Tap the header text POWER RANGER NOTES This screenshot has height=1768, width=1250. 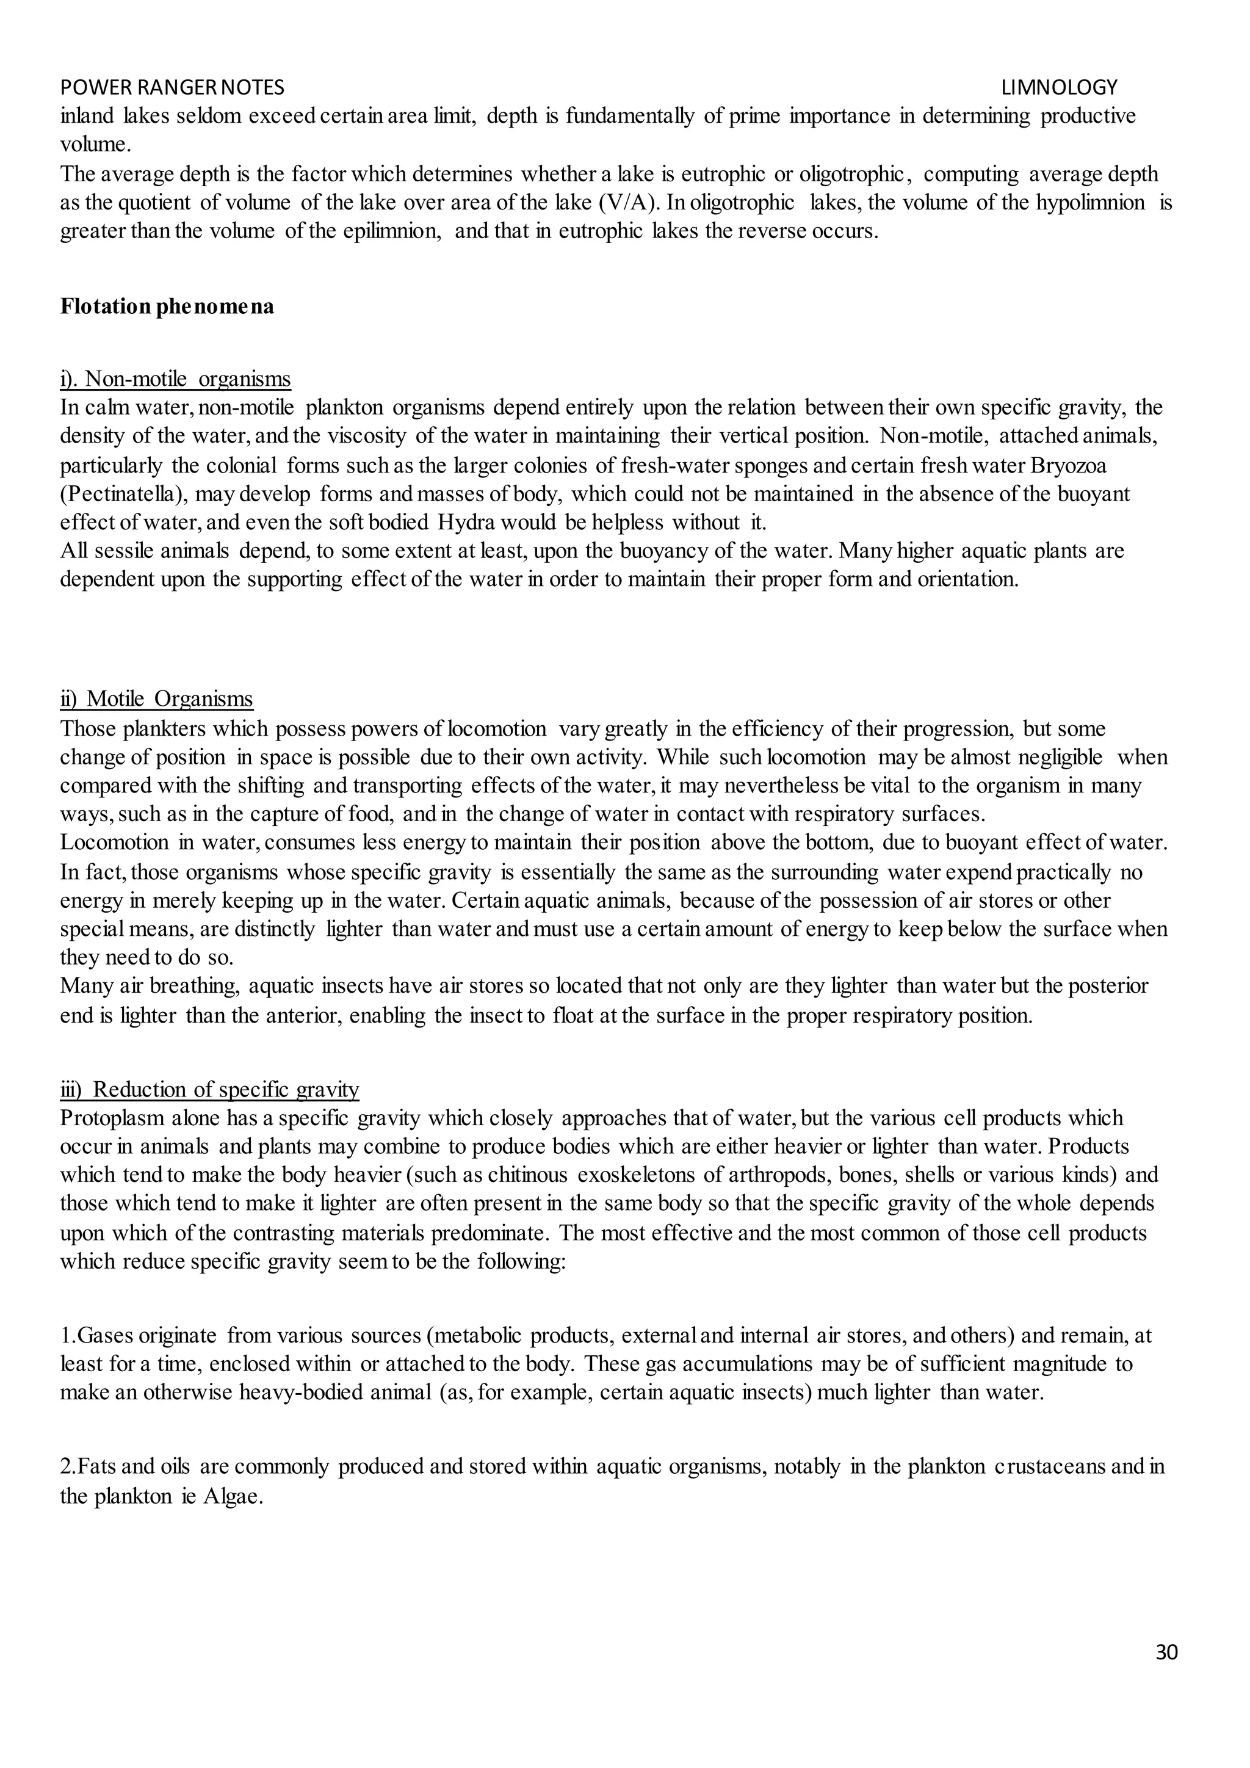[x=172, y=87]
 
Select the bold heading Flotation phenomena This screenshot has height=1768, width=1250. [x=167, y=307]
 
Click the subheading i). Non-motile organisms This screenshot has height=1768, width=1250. [x=176, y=379]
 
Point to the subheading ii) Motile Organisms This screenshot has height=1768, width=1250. [x=157, y=698]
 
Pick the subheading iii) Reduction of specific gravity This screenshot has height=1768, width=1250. [x=209, y=1089]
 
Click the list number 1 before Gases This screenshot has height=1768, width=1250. [x=65, y=1335]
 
